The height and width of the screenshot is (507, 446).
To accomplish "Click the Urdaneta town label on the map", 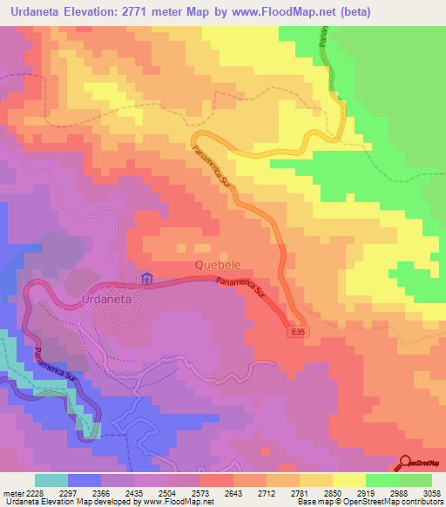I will click(x=106, y=298).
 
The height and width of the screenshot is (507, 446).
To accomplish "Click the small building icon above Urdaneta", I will click(x=147, y=280).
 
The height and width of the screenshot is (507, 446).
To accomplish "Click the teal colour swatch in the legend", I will click(x=51, y=481).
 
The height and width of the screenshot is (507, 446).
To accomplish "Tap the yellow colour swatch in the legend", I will click(x=349, y=481).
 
